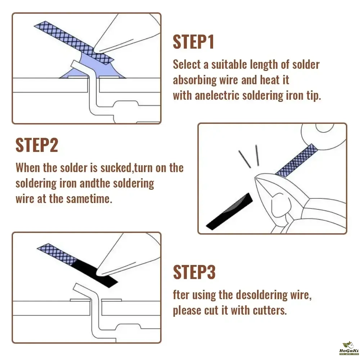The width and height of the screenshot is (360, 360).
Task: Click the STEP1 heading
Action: (193, 42)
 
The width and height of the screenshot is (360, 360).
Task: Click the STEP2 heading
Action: (37, 145)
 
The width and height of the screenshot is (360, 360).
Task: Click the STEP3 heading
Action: (194, 272)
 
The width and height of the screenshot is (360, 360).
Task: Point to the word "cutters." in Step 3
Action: (270, 310)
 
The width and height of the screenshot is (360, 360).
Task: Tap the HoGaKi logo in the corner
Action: (349, 348)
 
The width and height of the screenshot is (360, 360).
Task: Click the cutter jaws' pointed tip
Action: (256, 177)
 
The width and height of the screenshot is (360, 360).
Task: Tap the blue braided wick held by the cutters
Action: (296, 161)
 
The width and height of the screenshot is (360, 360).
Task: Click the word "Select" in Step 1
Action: (186, 64)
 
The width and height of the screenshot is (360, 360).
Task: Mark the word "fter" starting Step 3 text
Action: (181, 295)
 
